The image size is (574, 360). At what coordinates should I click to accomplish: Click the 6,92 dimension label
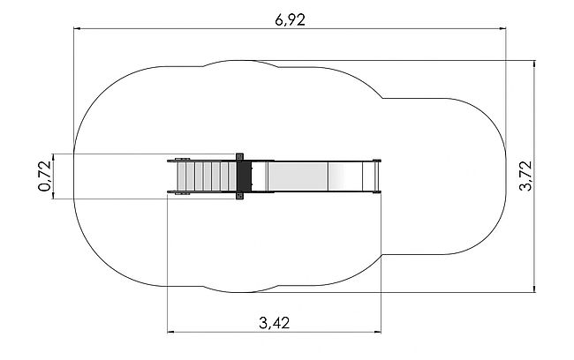pyautogui.click(x=290, y=20)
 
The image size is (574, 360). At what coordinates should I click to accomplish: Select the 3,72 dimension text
pyautogui.click(x=525, y=176)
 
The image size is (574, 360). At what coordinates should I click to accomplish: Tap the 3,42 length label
pyautogui.click(x=274, y=323)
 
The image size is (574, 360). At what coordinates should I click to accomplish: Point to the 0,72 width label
pyautogui.click(x=45, y=176)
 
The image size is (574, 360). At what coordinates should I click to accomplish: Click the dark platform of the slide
pyautogui.click(x=244, y=176)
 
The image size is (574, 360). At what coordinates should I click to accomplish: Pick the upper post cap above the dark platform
pyautogui.click(x=239, y=157)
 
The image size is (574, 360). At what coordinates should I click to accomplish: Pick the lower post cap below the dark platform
pyautogui.click(x=239, y=196)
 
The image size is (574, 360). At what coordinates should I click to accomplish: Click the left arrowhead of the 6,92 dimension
pyautogui.click(x=77, y=28)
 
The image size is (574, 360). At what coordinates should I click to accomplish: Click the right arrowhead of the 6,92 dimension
pyautogui.click(x=502, y=28)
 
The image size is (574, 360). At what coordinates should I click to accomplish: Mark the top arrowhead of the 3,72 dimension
pyautogui.click(x=534, y=64)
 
